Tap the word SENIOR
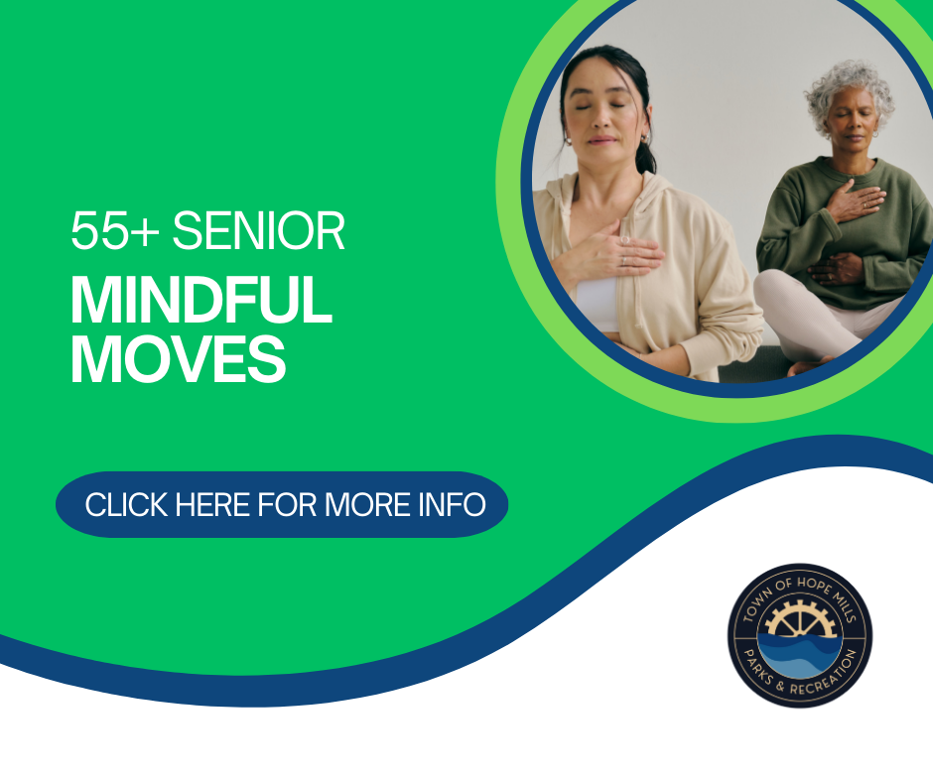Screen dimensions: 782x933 [x=258, y=232]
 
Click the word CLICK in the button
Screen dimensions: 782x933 [x=126, y=504]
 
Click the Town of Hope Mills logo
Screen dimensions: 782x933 [x=799, y=635]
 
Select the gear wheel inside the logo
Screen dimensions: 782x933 [x=799, y=620]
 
